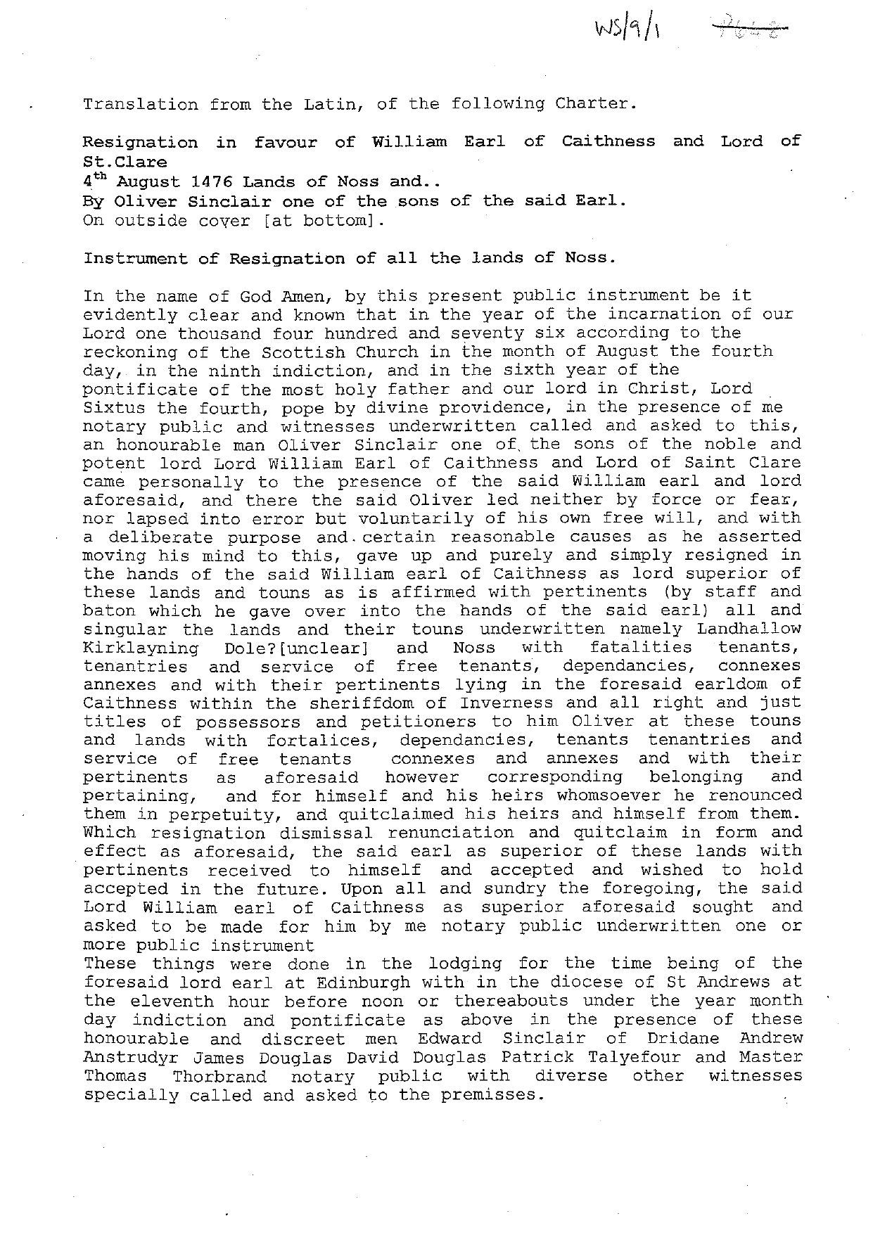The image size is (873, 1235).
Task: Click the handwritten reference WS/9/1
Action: (629, 30)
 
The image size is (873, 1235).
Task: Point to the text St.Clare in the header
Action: (125, 162)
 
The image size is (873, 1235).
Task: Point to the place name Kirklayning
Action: (140, 648)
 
